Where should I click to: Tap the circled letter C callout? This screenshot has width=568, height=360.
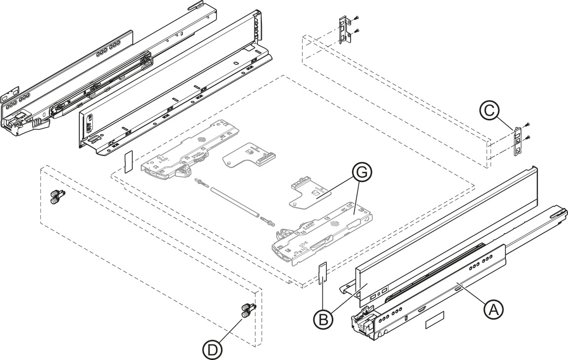[x=490, y=110]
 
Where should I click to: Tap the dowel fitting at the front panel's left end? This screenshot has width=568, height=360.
[x=58, y=196]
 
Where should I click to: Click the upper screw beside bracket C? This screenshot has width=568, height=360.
[x=528, y=124]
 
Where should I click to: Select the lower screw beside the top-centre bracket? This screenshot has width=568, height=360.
[x=357, y=31]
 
